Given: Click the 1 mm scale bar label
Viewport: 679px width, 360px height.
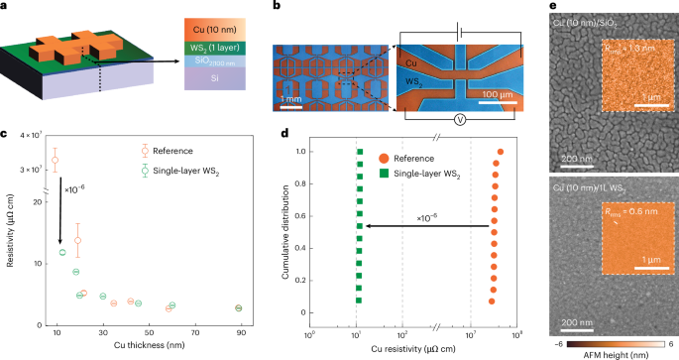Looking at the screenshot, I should (x=291, y=99).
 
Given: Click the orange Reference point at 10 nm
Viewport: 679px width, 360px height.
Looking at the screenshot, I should (x=56, y=160).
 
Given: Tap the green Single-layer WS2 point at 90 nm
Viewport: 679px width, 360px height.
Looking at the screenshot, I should (x=239, y=308).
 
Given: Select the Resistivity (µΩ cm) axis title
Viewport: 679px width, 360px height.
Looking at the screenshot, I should (x=9, y=227).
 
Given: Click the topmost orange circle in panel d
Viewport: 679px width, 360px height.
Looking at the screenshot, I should (x=501, y=152).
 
